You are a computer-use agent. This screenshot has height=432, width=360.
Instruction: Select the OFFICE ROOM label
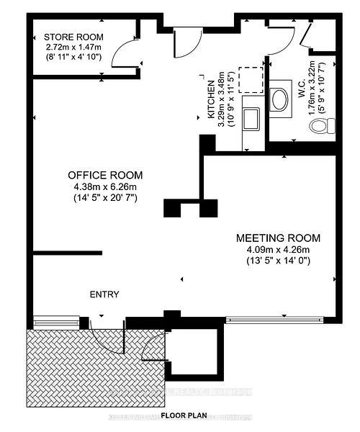coord(105,175)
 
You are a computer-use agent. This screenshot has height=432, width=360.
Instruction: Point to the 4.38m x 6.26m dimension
coord(105,187)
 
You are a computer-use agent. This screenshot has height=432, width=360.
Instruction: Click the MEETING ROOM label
coord(279,238)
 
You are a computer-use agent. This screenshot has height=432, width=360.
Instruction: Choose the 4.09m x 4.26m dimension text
coord(279,250)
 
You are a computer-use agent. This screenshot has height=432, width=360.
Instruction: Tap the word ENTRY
coord(104,294)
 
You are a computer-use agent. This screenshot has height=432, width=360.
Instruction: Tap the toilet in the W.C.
coord(318,127)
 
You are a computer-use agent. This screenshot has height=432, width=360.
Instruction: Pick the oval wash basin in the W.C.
coord(280,99)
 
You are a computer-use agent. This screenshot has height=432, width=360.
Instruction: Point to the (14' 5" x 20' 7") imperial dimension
coord(105,199)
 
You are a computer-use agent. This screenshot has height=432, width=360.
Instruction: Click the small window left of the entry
coord(56,318)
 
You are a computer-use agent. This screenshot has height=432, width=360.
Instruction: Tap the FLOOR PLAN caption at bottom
coord(184,416)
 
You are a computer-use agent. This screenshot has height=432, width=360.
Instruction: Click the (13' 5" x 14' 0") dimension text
coord(279,261)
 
